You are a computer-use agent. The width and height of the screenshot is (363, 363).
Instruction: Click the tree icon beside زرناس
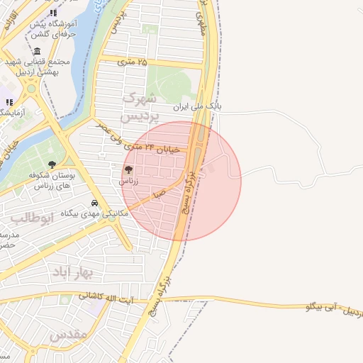pos(128,170)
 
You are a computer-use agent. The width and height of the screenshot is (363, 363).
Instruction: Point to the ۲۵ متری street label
pos(133,62)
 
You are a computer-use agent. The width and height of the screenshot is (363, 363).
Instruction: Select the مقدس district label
pos(69,333)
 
